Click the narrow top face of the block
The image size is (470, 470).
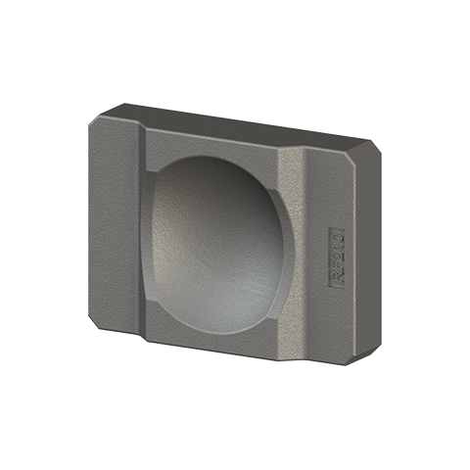coord(245,120)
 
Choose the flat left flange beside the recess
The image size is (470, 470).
coord(117,220)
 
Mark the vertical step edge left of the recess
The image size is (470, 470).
coord(145,235)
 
